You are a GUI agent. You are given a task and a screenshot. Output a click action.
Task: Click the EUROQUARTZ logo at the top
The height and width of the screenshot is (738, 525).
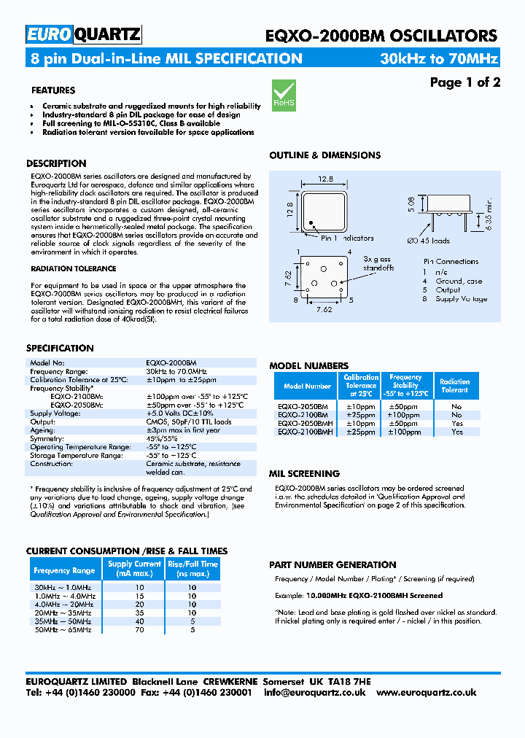[84, 34]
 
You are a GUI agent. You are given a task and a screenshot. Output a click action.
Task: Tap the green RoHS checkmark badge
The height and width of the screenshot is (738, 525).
[284, 96]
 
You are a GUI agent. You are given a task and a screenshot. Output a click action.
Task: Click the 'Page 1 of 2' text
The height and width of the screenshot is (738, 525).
[464, 82]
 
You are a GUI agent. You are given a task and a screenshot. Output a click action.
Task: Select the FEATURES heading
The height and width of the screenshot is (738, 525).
[53, 90]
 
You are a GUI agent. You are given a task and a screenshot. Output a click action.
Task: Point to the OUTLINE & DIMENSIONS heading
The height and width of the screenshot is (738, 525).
[324, 155]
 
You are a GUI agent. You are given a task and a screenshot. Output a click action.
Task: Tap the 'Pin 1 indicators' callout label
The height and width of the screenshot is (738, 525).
[347, 238]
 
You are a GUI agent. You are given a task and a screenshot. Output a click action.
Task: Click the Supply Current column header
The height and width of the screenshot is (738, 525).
[134, 569]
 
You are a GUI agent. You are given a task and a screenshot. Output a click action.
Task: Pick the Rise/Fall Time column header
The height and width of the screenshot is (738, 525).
[192, 569]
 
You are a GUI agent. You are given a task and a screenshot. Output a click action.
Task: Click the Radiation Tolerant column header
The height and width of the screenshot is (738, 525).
[456, 386]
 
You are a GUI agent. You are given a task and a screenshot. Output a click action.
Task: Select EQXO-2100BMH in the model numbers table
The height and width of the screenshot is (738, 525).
[305, 432]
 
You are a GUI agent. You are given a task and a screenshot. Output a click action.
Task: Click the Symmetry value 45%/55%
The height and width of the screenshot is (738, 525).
[162, 439]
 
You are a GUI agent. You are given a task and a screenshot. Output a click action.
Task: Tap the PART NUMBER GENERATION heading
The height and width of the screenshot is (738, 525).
[332, 564]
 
